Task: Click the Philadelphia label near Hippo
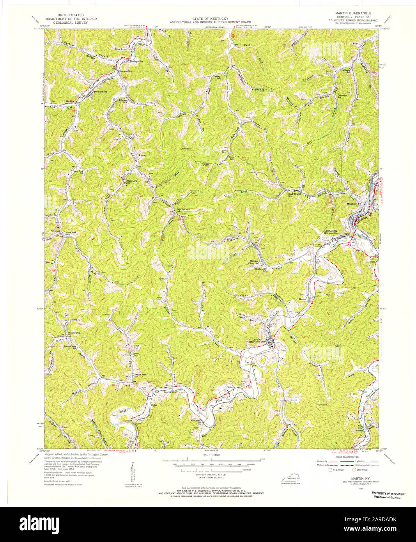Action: tap(74, 333)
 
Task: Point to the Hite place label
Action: tap(372, 262)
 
